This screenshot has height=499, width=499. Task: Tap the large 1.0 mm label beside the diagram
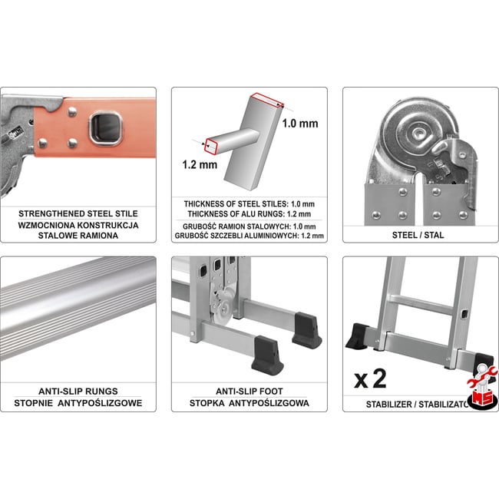tap(300, 123)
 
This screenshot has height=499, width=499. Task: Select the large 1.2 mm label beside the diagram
tap(199, 164)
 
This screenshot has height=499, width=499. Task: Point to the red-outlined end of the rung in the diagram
tap(207, 143)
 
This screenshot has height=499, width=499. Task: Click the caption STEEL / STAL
tap(418, 235)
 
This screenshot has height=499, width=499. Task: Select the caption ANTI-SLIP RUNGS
tap(78, 391)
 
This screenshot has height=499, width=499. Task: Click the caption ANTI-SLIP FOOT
tap(249, 391)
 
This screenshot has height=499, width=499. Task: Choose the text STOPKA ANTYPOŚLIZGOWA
tap(249, 403)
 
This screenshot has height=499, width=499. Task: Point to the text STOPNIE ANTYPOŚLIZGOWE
tap(78, 403)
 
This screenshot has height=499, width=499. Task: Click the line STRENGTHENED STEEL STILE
tap(78, 213)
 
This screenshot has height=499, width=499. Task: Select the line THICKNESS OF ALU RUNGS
tap(249, 213)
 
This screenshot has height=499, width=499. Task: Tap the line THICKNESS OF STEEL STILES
tap(249, 203)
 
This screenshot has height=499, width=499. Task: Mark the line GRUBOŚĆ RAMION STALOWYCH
tap(249, 226)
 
